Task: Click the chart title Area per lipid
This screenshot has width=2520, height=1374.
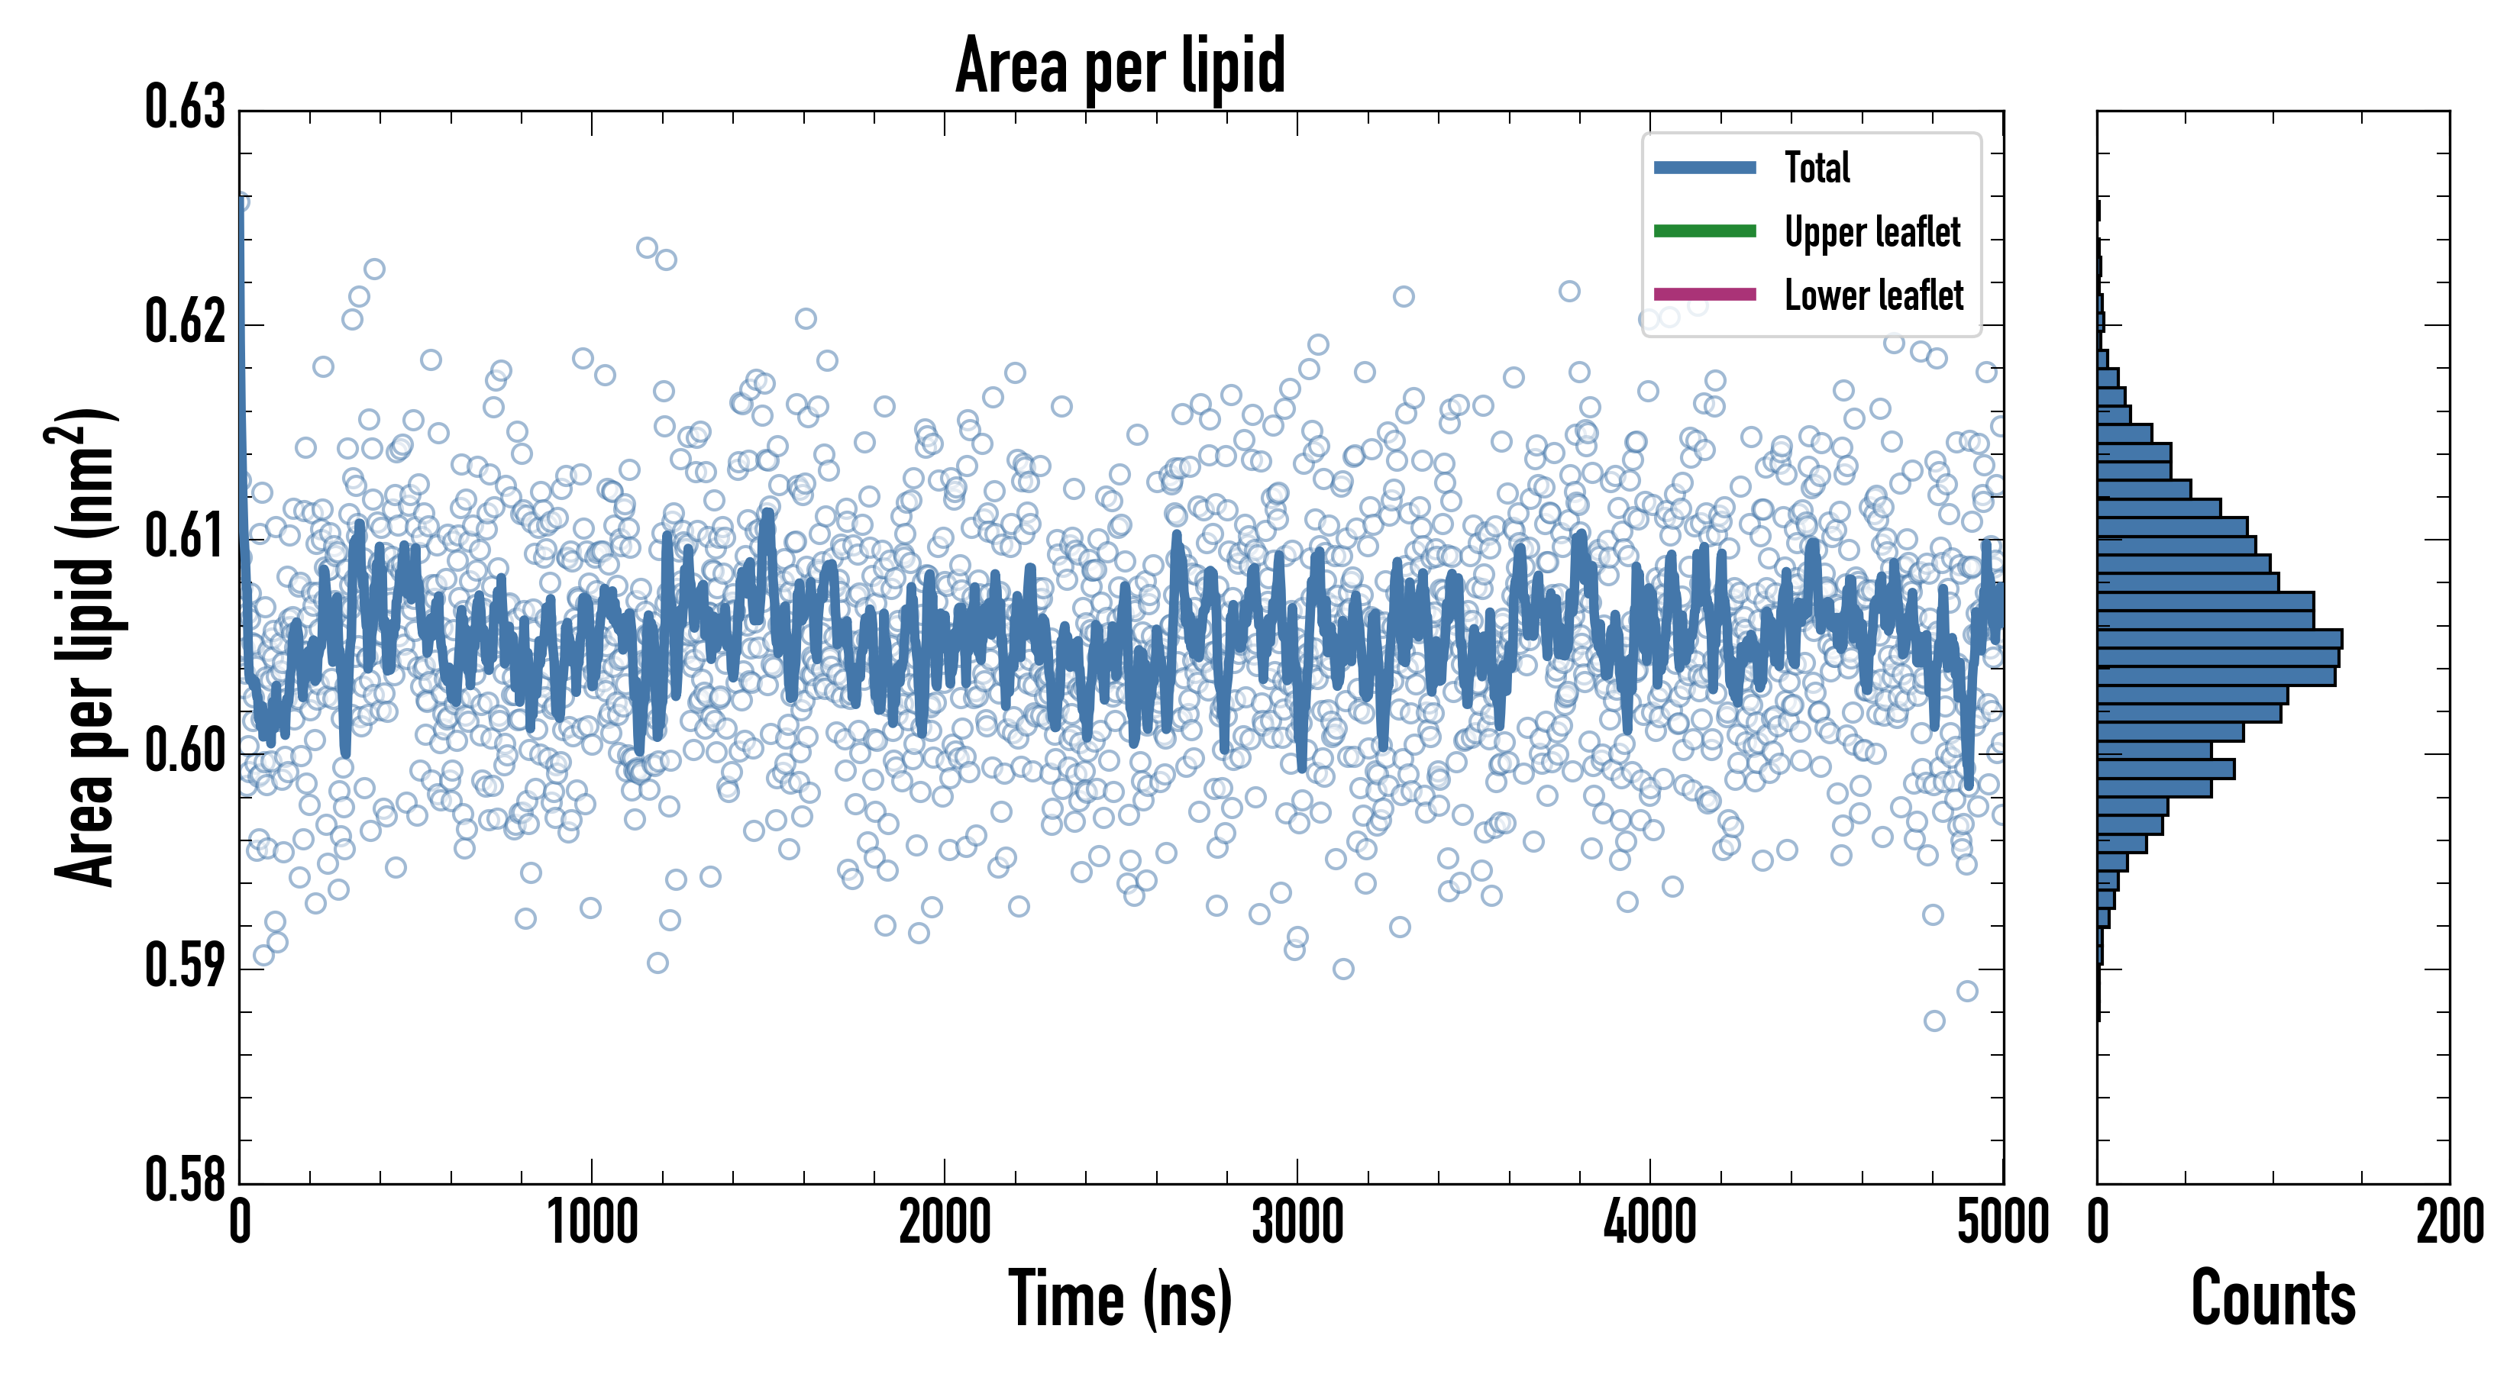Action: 1120,66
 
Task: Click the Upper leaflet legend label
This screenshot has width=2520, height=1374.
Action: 1872,232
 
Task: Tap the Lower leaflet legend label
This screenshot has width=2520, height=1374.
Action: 1873,295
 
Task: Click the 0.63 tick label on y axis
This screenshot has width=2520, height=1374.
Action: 185,108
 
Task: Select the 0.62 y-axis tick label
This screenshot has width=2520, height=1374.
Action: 185,321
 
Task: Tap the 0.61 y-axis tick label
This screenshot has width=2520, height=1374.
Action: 185,536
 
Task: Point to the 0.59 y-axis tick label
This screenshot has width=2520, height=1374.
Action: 185,965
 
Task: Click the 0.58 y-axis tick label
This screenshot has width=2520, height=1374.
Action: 185,1179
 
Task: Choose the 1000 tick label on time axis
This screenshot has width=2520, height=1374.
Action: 592,1222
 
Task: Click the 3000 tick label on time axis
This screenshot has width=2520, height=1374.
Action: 1297,1222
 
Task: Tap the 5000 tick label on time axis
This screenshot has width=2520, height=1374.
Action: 2002,1222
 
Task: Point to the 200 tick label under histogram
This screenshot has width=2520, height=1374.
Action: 2448,1222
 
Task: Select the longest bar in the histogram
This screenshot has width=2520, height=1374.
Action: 2218,639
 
